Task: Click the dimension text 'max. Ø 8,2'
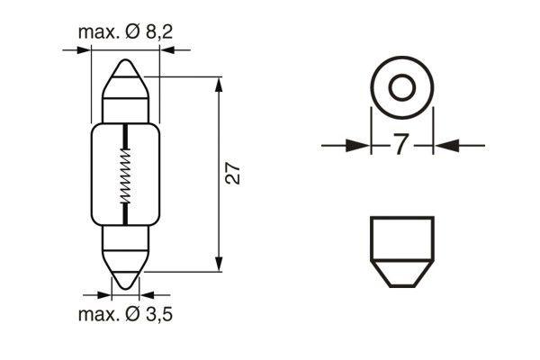coord(125,33)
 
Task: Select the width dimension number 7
coord(401,144)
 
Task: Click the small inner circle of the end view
coord(401,88)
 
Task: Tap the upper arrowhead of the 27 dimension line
coord(220,85)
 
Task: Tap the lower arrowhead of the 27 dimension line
coord(220,263)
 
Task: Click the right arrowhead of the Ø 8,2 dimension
coord(167,50)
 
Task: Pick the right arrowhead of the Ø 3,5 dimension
coord(150,293)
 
